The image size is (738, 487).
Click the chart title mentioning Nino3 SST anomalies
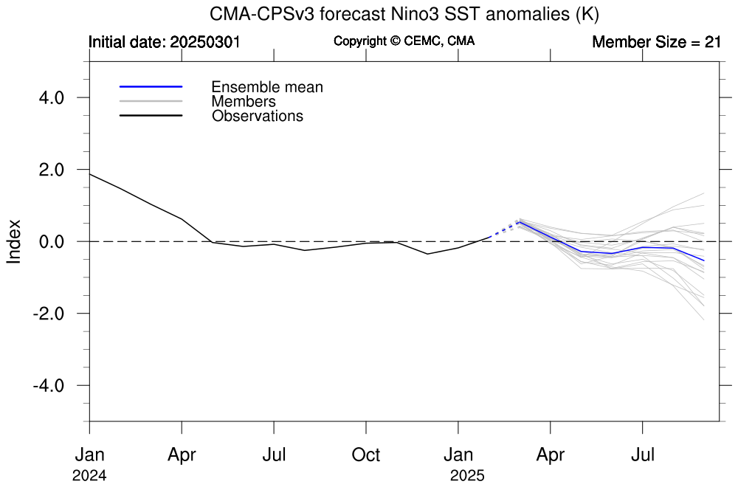404,14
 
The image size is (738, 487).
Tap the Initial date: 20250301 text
165,42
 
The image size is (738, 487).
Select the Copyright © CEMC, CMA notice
404,41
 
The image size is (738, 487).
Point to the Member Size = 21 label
656,42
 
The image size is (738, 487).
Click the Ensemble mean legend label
267,87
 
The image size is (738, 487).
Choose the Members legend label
244,102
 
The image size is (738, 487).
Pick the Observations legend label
258,116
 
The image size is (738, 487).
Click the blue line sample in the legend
151,87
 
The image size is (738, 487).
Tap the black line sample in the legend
151,116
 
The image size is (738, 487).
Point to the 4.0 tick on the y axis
50,97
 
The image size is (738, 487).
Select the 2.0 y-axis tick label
50,170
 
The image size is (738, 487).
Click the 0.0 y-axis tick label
50,241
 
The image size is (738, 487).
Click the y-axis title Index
14,241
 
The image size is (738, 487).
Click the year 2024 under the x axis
89,476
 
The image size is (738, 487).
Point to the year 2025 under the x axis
468,476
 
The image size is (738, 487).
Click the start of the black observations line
90,174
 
